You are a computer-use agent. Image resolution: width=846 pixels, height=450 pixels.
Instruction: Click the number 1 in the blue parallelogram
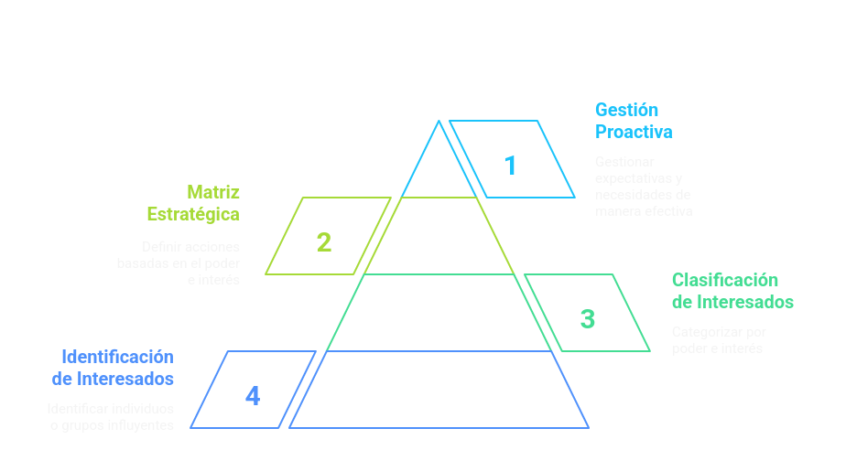tap(510, 166)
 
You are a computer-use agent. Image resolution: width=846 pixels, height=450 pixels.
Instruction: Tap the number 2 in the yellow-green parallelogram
tap(323, 242)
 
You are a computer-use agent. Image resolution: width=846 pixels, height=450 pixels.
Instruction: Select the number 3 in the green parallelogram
tap(588, 319)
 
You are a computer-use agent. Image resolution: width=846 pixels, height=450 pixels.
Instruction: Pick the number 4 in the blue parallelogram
tap(253, 396)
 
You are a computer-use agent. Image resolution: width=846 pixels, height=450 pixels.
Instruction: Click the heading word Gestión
tap(626, 110)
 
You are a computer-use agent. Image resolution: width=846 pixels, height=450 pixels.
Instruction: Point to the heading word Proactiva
tap(634, 132)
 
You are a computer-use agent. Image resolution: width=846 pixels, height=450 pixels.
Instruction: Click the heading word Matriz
tap(213, 192)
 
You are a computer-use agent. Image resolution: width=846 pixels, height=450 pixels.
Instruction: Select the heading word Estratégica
tap(193, 214)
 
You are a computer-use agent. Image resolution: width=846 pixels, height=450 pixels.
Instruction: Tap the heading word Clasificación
tap(724, 280)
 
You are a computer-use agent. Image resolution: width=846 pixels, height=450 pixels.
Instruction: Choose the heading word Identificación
tap(117, 357)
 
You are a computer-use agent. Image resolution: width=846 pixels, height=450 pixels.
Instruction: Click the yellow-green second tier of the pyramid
tap(439, 236)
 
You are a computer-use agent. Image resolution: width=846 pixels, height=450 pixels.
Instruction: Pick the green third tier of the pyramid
tap(439, 313)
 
